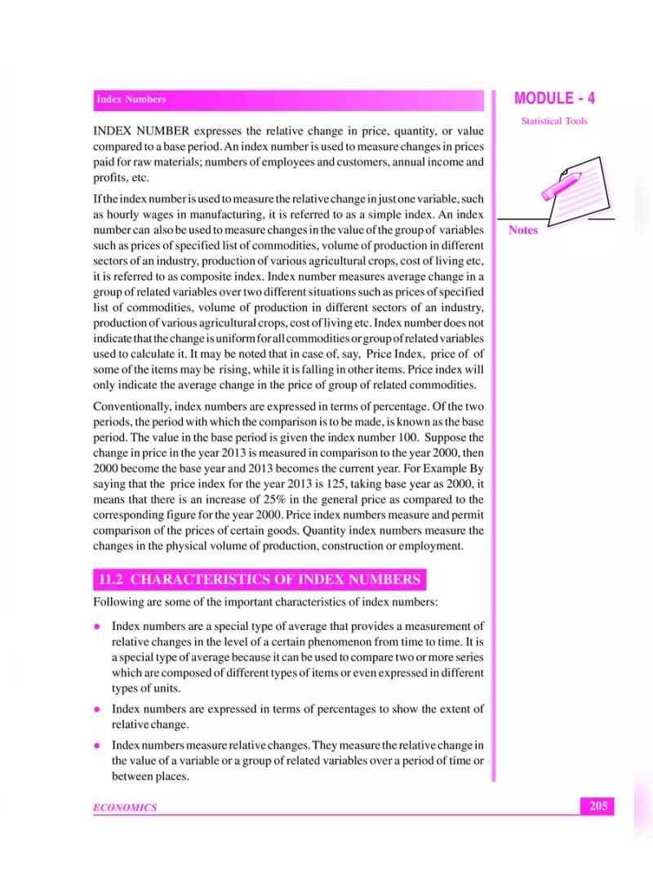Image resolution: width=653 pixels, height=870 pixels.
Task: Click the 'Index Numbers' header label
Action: (x=131, y=100)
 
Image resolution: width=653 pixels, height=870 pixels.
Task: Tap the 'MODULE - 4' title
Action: (x=554, y=99)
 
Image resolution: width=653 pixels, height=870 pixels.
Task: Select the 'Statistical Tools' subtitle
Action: (x=554, y=121)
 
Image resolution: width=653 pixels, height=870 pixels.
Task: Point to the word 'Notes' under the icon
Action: (x=523, y=230)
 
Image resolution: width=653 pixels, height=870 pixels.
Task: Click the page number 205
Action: (x=598, y=806)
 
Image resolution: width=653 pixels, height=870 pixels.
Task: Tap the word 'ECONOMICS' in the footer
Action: (x=125, y=807)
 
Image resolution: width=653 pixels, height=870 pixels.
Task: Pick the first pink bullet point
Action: (x=96, y=627)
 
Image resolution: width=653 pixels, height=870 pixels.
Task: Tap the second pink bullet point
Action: (x=96, y=708)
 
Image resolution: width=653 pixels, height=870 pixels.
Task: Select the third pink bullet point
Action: (x=96, y=745)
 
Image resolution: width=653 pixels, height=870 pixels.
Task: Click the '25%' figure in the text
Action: (x=279, y=499)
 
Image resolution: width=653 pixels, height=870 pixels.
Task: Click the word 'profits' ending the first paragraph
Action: (x=110, y=177)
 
